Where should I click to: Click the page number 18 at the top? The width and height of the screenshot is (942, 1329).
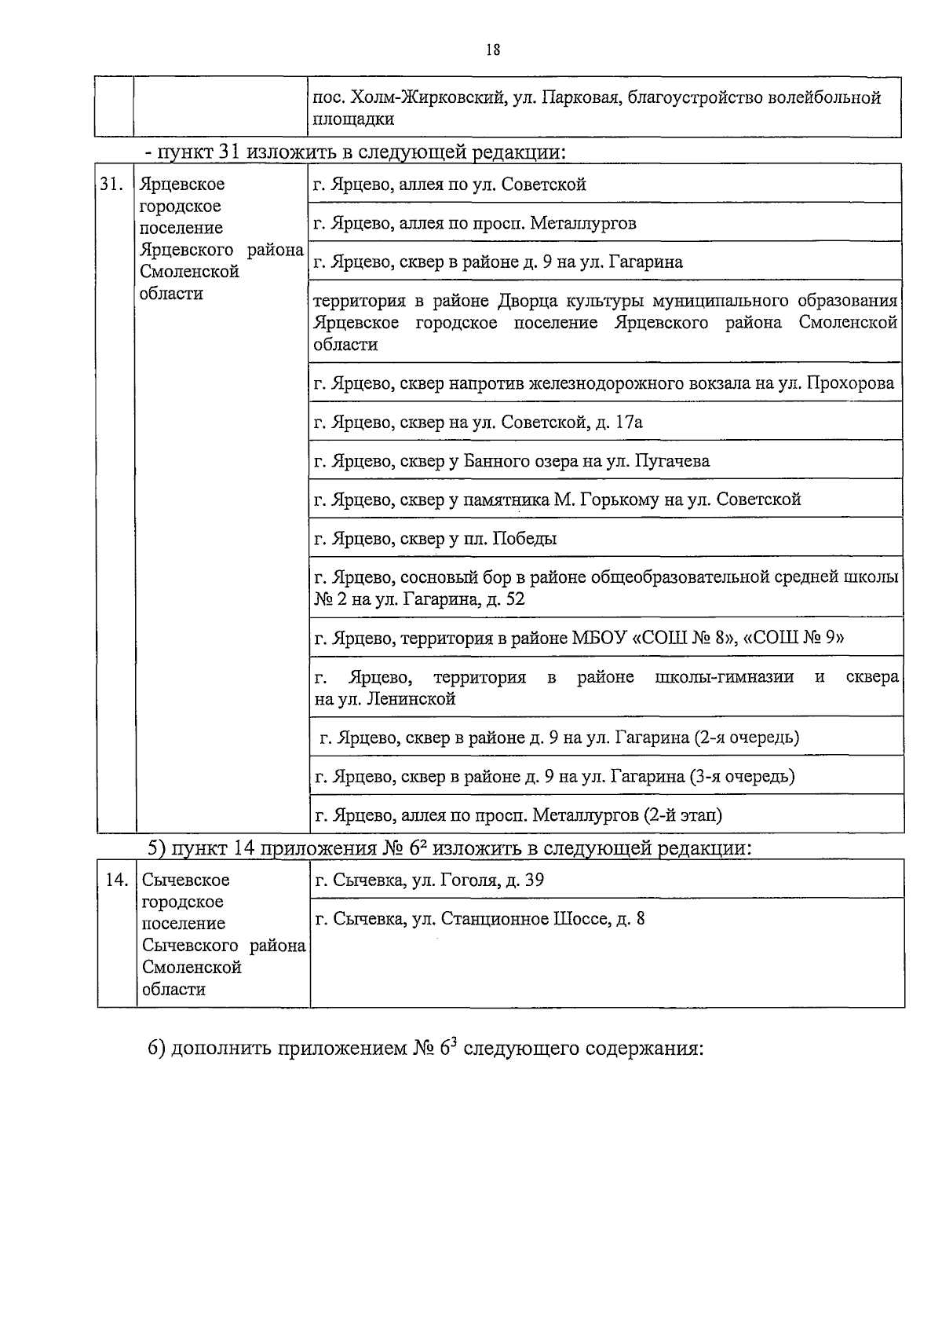click(x=493, y=49)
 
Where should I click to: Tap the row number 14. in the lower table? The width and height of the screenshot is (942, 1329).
click(x=117, y=880)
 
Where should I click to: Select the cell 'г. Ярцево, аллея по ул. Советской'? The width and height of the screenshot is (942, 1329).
click(x=449, y=185)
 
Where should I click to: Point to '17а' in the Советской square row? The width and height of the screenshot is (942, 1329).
click(x=629, y=423)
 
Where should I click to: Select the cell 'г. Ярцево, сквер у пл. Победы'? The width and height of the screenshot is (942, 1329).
click(x=436, y=539)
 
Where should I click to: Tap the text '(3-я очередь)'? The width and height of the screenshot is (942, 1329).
click(x=742, y=777)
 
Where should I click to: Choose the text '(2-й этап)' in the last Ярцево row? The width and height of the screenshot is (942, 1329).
click(x=682, y=815)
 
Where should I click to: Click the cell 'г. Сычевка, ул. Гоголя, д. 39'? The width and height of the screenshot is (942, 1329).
click(x=429, y=880)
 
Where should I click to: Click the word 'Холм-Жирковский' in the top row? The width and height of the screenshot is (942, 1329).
click(x=426, y=98)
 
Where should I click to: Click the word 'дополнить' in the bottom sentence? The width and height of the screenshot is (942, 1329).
click(x=221, y=1049)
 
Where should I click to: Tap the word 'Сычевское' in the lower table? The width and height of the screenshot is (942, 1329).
click(x=185, y=880)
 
